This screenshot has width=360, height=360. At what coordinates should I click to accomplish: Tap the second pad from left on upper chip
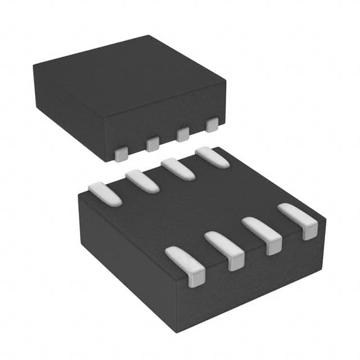point(152,145)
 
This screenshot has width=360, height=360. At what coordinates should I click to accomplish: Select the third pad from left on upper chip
point(183,134)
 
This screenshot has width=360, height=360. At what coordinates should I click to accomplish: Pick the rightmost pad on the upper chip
point(212,124)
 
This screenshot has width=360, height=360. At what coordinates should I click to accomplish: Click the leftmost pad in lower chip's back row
point(105,192)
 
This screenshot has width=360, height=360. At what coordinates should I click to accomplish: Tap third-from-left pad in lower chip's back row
point(178,169)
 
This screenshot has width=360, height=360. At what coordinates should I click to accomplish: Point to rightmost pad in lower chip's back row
point(212,157)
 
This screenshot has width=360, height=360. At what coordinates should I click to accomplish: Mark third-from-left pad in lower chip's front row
point(262,234)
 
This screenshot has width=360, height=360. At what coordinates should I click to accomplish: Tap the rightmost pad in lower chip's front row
point(299,220)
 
